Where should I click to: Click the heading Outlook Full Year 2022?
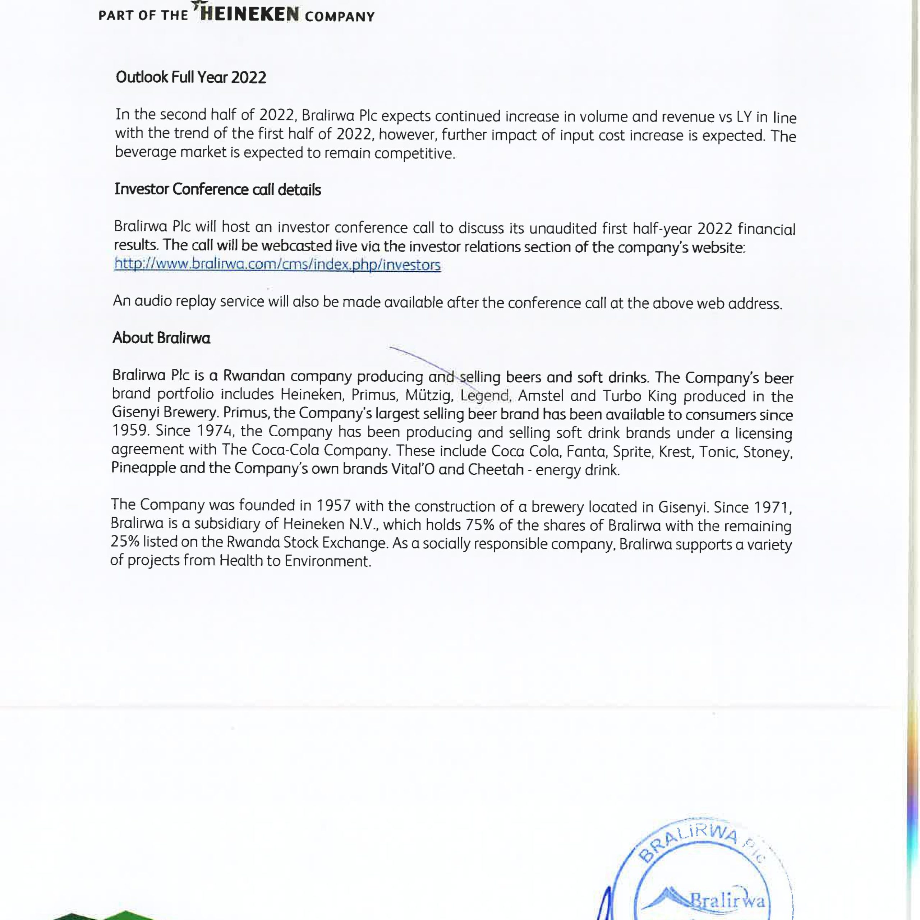click(191, 77)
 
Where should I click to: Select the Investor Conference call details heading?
click(218, 189)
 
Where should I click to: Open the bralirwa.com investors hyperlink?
click(277, 264)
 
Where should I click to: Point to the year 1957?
click(333, 505)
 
